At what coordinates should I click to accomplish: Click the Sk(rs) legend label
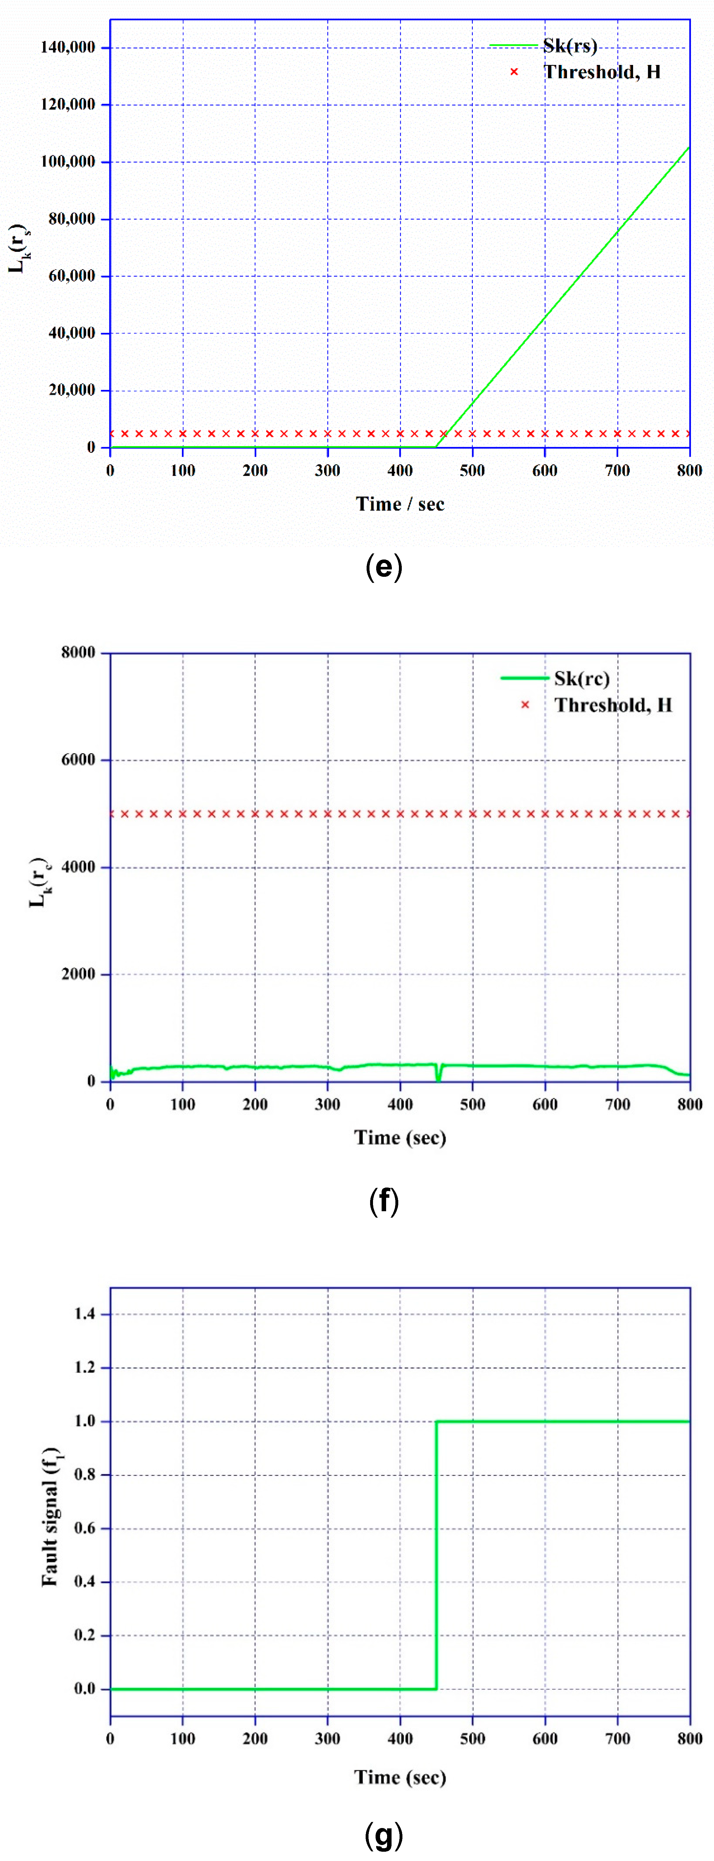click(x=570, y=46)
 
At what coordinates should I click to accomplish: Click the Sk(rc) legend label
click(x=581, y=678)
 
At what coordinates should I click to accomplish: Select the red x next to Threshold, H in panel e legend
click(x=514, y=71)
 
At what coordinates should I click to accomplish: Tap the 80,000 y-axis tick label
click(x=71, y=219)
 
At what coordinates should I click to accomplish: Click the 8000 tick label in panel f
click(x=78, y=652)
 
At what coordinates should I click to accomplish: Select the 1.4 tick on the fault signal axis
click(x=84, y=1313)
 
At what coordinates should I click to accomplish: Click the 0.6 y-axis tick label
click(x=84, y=1528)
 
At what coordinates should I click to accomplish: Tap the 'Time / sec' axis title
click(x=400, y=504)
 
